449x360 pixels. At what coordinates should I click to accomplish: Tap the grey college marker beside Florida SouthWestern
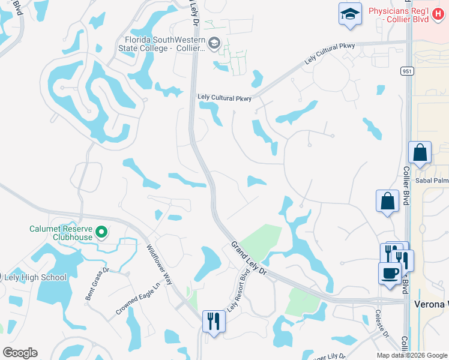coord(214,43)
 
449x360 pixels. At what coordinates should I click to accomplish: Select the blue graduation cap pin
coord(350,14)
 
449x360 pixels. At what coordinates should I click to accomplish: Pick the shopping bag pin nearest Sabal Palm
coord(420,153)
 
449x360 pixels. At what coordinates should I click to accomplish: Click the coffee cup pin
coord(390,272)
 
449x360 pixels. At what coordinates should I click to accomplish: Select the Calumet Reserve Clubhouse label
coord(62,233)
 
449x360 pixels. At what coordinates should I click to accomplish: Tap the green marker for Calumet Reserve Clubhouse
coord(102,232)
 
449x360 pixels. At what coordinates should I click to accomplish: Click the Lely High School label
coord(35,277)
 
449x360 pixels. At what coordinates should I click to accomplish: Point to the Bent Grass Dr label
coord(97,284)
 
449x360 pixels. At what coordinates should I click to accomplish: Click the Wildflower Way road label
coord(159,265)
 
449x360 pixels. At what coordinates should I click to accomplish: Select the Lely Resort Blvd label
coord(238,293)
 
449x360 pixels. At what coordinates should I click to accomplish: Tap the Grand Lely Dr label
coord(249,259)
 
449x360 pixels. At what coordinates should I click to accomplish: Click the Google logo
coord(20,353)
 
